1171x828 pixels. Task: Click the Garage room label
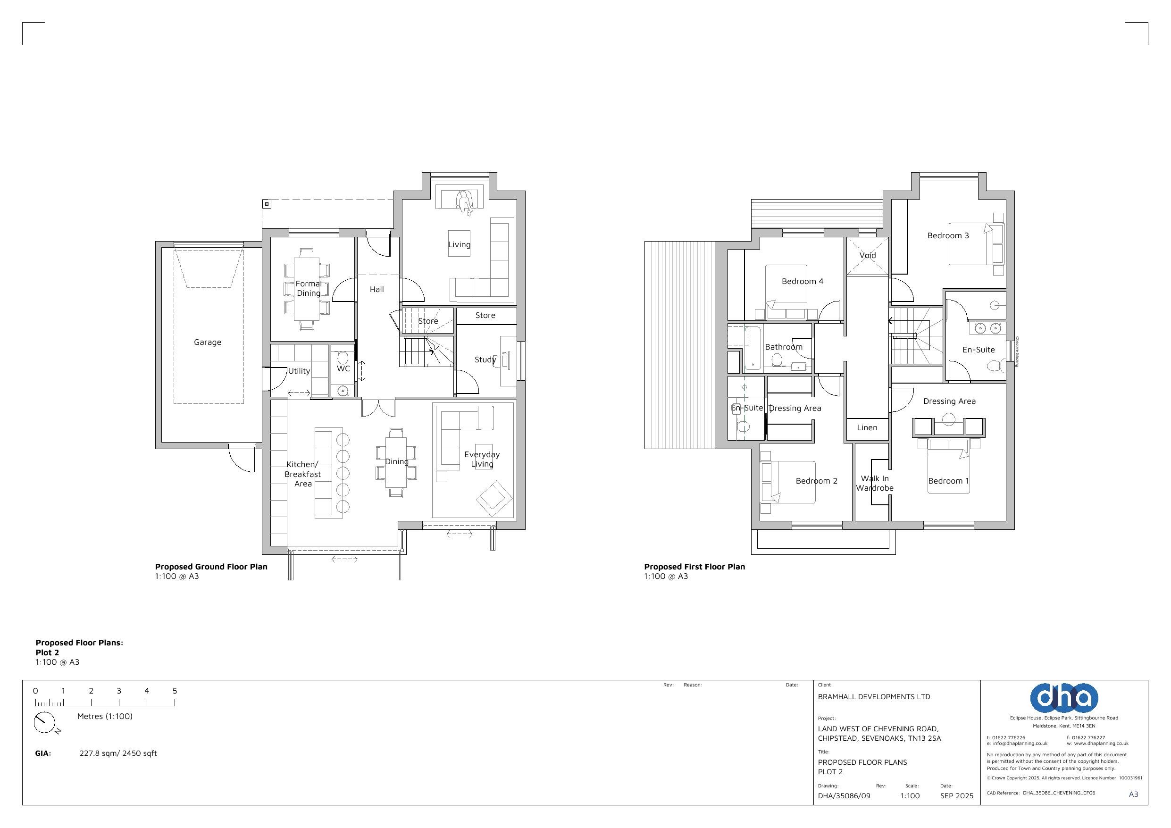pyautogui.click(x=208, y=343)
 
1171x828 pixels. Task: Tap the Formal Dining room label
pyautogui.click(x=309, y=288)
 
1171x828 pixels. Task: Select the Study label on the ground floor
pyautogui.click(x=485, y=360)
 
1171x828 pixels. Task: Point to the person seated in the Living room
pyautogui.click(x=465, y=202)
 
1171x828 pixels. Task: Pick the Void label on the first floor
pyautogui.click(x=868, y=256)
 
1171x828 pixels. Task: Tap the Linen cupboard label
pyautogui.click(x=867, y=427)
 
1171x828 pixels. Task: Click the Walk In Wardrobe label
pyautogui.click(x=875, y=483)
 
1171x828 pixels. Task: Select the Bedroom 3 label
pyautogui.click(x=948, y=236)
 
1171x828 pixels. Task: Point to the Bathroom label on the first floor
pyautogui.click(x=783, y=347)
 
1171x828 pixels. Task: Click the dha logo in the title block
pyautogui.click(x=1064, y=697)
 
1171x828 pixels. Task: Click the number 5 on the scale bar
pyautogui.click(x=175, y=691)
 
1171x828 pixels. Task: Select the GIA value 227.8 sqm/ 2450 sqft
pyautogui.click(x=118, y=753)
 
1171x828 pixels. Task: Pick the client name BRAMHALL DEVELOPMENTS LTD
pyautogui.click(x=874, y=696)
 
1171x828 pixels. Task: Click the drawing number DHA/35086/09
pyautogui.click(x=844, y=796)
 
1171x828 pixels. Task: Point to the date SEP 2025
pyautogui.click(x=957, y=796)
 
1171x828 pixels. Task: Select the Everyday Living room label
pyautogui.click(x=482, y=459)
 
